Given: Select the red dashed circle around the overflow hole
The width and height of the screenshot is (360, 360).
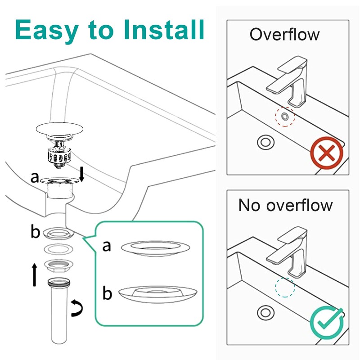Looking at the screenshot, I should point(284,117).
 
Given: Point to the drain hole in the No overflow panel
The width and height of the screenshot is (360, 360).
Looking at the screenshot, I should point(265,312).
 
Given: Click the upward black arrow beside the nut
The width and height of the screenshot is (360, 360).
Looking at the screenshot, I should point(34,275).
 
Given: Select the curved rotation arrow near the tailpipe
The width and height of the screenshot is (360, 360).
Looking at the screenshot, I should point(77,309).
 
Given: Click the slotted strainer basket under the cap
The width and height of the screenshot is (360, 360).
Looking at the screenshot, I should point(59,156).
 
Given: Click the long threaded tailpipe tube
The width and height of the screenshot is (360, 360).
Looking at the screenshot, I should point(59,315).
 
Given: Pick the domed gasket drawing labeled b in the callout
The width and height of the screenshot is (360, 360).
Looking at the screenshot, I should point(157,293).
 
